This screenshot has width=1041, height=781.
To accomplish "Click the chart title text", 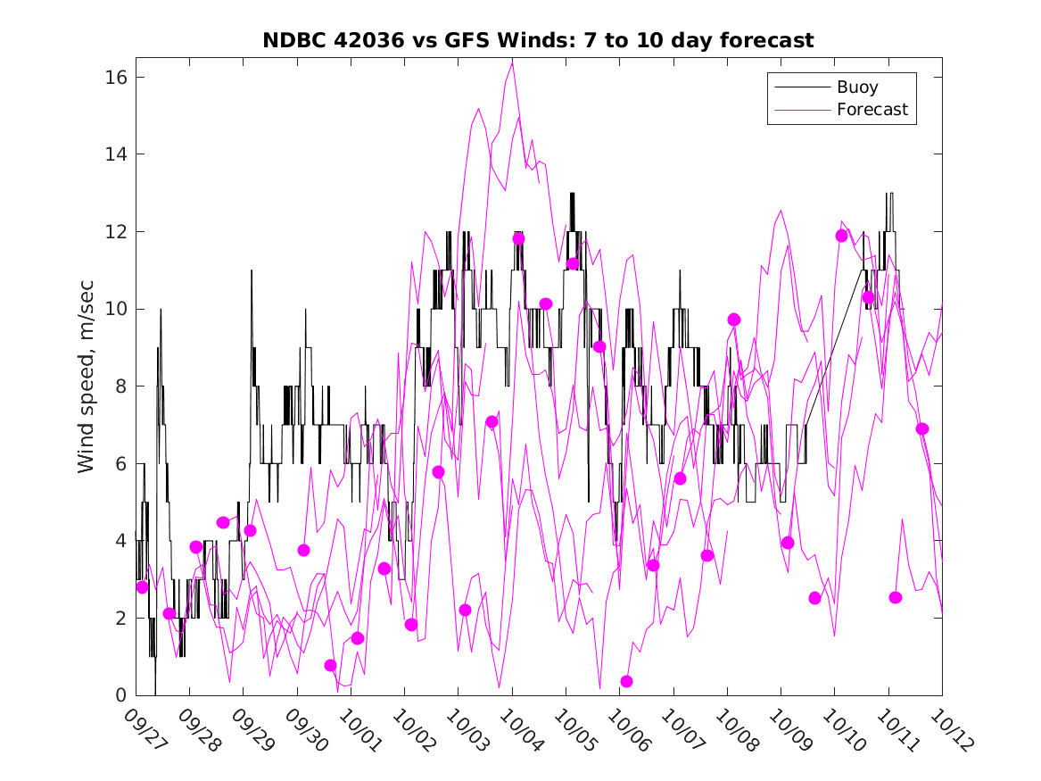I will pyautogui.click(x=538, y=40).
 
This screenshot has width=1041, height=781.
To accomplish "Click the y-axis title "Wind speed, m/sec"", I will pyautogui.click(x=87, y=386).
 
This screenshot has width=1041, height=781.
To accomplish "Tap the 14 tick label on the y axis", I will pyautogui.click(x=117, y=154).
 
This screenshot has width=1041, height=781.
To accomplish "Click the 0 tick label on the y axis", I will pyautogui.click(x=121, y=695).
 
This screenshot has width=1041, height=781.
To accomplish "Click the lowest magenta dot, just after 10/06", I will pyautogui.click(x=626, y=681).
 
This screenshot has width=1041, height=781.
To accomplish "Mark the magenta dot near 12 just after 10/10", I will pyautogui.click(x=841, y=236).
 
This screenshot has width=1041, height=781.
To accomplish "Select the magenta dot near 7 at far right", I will pyautogui.click(x=922, y=428).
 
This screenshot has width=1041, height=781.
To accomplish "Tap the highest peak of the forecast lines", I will pyautogui.click(x=512, y=62).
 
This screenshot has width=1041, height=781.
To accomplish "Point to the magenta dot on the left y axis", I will pyautogui.click(x=142, y=586).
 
